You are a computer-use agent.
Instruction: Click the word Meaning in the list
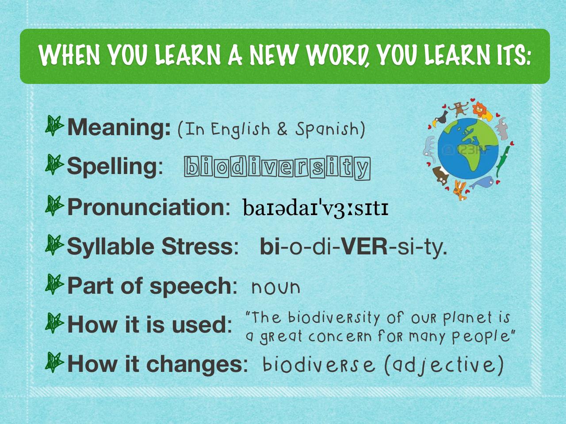(119, 127)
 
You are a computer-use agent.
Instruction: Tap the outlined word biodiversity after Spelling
(277, 168)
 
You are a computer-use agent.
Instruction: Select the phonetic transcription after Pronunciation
(315, 208)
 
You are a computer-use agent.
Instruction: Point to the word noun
(276, 288)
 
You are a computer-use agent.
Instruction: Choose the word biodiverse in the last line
(318, 365)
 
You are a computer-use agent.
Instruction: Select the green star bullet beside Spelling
(55, 165)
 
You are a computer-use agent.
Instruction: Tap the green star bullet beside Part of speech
(55, 284)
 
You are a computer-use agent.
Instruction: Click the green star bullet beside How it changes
(55, 363)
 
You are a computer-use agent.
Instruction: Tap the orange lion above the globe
(480, 111)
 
